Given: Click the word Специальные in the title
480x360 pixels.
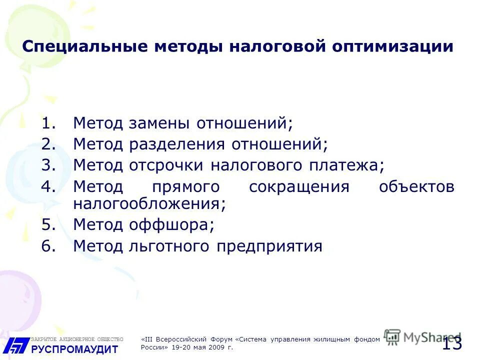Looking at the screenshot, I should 85,47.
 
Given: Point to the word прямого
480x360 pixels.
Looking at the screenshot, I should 185,187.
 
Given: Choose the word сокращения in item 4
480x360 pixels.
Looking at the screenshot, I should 298,187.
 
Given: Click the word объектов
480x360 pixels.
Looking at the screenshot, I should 416,187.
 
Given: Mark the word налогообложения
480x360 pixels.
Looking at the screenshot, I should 149,203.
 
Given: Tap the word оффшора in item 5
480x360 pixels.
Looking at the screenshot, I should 171,224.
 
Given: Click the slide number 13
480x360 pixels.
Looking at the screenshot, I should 452,343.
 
